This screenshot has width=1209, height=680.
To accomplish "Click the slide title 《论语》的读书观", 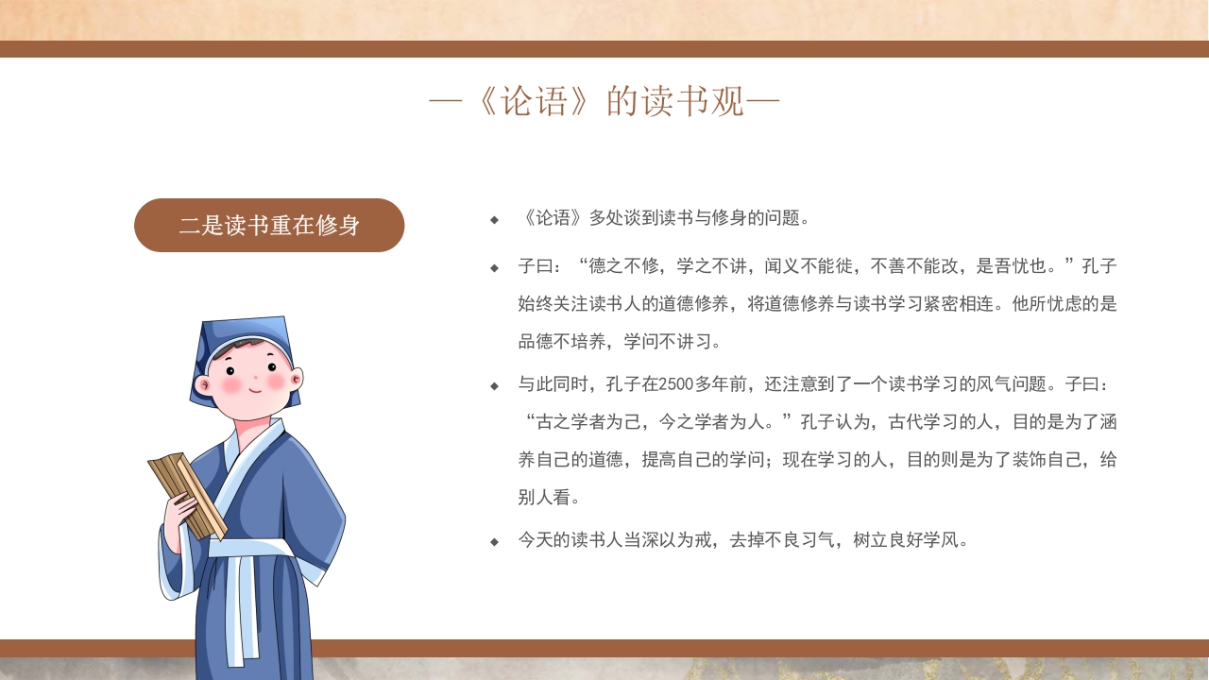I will click(604, 101).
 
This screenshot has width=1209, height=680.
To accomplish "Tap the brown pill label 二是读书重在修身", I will click(269, 226).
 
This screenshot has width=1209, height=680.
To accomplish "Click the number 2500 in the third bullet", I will click(676, 384).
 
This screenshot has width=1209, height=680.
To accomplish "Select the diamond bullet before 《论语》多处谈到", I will click(494, 220).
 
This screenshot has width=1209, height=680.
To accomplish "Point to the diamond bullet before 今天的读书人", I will click(494, 542).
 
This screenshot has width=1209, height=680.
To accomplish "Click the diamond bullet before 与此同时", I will click(494, 386).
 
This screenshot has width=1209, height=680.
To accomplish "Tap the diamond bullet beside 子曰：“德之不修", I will click(494, 268).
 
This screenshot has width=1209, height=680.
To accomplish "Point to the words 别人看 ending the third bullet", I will click(544, 498).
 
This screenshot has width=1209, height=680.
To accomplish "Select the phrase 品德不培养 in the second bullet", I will click(559, 342).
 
